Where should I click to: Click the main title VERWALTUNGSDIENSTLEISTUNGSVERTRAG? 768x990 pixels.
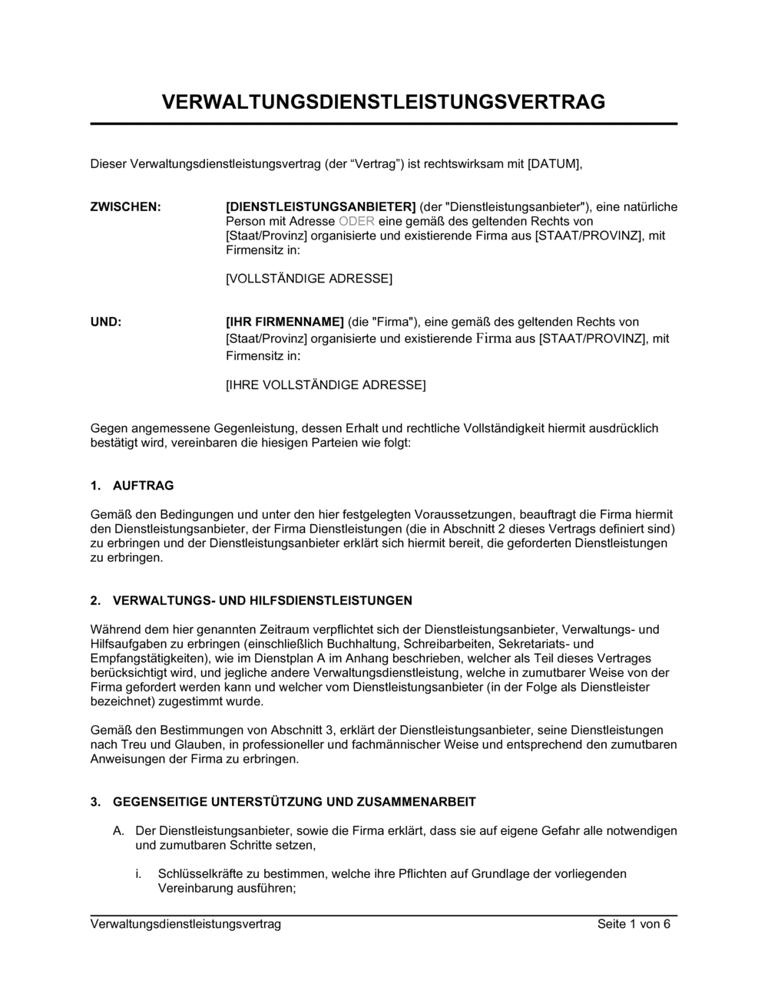point(383,102)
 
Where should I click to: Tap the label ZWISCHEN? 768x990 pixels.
point(126,206)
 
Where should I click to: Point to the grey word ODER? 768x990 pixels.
point(356,221)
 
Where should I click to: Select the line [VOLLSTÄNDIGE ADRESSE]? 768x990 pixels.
point(309,279)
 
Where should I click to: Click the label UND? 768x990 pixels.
point(106,322)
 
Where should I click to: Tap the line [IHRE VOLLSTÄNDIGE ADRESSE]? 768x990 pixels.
point(325,384)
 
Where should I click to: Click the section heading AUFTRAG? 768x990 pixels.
point(143,486)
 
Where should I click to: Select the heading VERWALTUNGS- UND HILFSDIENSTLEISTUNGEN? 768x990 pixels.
point(262,600)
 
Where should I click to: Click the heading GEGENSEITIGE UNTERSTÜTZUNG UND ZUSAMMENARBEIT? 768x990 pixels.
point(294,802)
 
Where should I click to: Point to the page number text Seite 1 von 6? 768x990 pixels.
point(634,924)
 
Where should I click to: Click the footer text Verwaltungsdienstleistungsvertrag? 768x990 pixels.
point(186,924)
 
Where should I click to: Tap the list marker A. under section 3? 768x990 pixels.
point(118,831)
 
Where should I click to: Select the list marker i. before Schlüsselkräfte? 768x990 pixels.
point(139,873)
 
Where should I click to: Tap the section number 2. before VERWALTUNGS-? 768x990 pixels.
point(95,600)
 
